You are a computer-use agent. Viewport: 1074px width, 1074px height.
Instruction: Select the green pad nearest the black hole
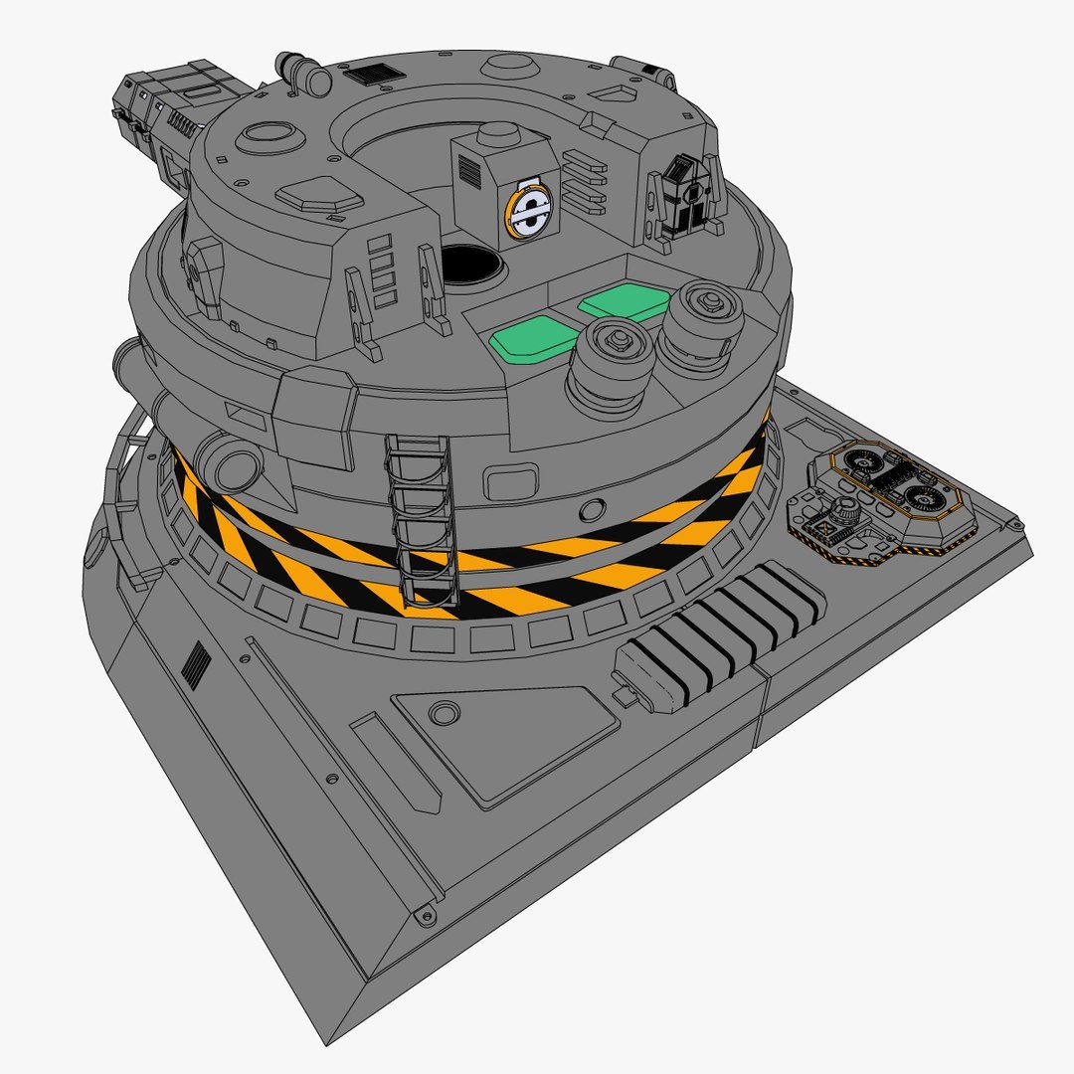tap(534, 338)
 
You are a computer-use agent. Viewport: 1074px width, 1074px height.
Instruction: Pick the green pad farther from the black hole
tap(624, 301)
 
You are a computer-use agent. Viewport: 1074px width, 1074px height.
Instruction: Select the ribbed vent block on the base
tap(719, 636)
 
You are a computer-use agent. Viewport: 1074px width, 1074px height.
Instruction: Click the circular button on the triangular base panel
tap(444, 713)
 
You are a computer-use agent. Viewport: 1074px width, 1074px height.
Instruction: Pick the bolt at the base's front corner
tap(427, 916)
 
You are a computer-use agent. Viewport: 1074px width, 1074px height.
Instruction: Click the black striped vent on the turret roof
tap(370, 75)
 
